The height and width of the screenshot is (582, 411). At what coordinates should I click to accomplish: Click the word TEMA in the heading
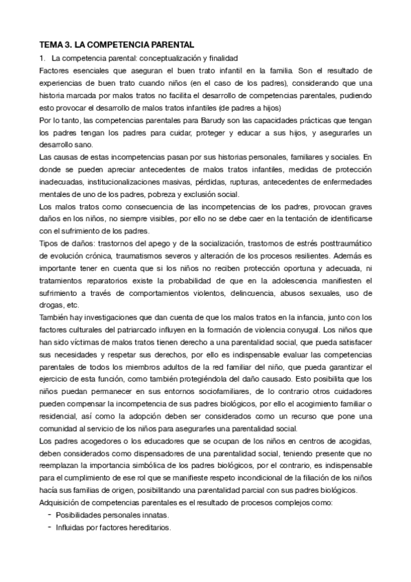(x=49, y=44)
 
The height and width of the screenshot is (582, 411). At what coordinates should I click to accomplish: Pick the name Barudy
(x=178, y=121)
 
